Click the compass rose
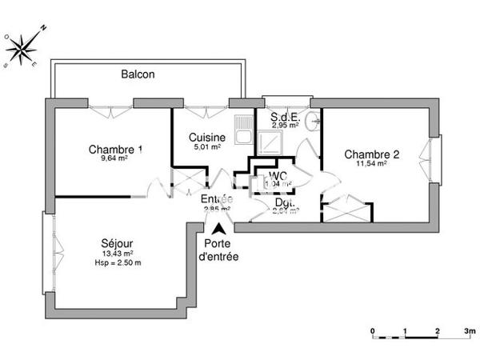click(25, 46)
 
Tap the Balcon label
click(138, 74)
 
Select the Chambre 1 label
click(116, 149)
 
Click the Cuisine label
click(206, 138)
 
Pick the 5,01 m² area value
click(206, 147)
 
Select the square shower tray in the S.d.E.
click(272, 142)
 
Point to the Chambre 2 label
click(371, 154)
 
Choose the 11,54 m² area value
click(371, 164)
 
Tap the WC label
click(278, 175)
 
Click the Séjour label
click(117, 244)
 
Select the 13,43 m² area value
click(117, 254)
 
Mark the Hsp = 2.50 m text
click(117, 263)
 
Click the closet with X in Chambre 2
click(346, 208)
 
